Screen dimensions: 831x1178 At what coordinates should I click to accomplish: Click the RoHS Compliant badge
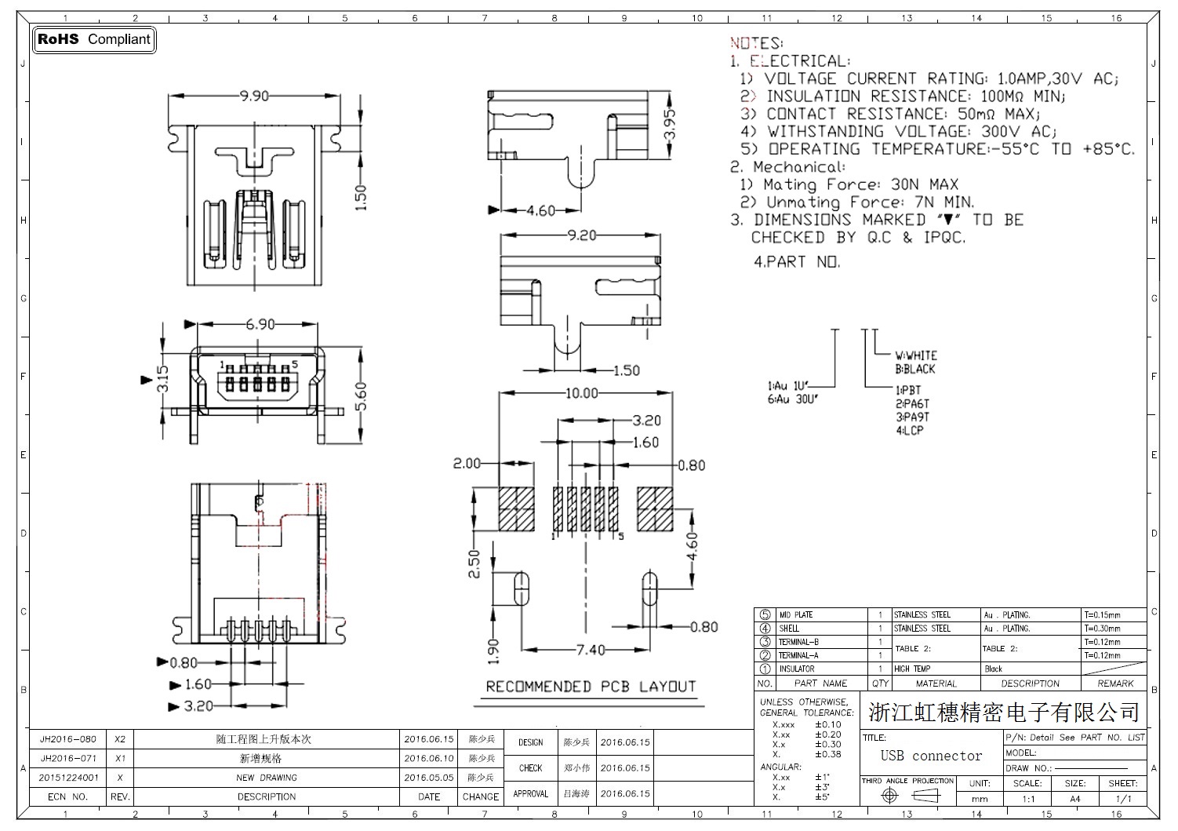94,39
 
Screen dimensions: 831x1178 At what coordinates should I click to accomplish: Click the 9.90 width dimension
254,96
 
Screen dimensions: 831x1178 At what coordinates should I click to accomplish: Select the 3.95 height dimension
670,124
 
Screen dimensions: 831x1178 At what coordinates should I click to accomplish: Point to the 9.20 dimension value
581,235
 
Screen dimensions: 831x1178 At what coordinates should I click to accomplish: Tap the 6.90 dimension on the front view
260,324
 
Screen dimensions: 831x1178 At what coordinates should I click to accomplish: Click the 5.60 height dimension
361,395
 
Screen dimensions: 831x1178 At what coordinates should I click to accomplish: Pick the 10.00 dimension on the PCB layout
581,393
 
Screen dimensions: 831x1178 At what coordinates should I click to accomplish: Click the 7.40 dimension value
591,650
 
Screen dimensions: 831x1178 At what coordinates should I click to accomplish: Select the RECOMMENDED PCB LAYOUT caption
591,687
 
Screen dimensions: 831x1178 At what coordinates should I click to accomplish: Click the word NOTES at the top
756,43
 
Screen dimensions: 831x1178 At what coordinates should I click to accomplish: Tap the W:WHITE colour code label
916,355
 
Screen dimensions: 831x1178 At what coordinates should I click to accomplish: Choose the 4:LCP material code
910,430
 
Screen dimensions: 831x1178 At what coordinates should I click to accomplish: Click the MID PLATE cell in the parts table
796,615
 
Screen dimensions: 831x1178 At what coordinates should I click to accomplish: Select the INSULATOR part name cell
796,669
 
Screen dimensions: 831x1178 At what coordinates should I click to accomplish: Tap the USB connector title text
931,756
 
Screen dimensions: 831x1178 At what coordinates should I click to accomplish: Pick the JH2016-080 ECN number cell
68,739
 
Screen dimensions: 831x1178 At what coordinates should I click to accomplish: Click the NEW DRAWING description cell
267,778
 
